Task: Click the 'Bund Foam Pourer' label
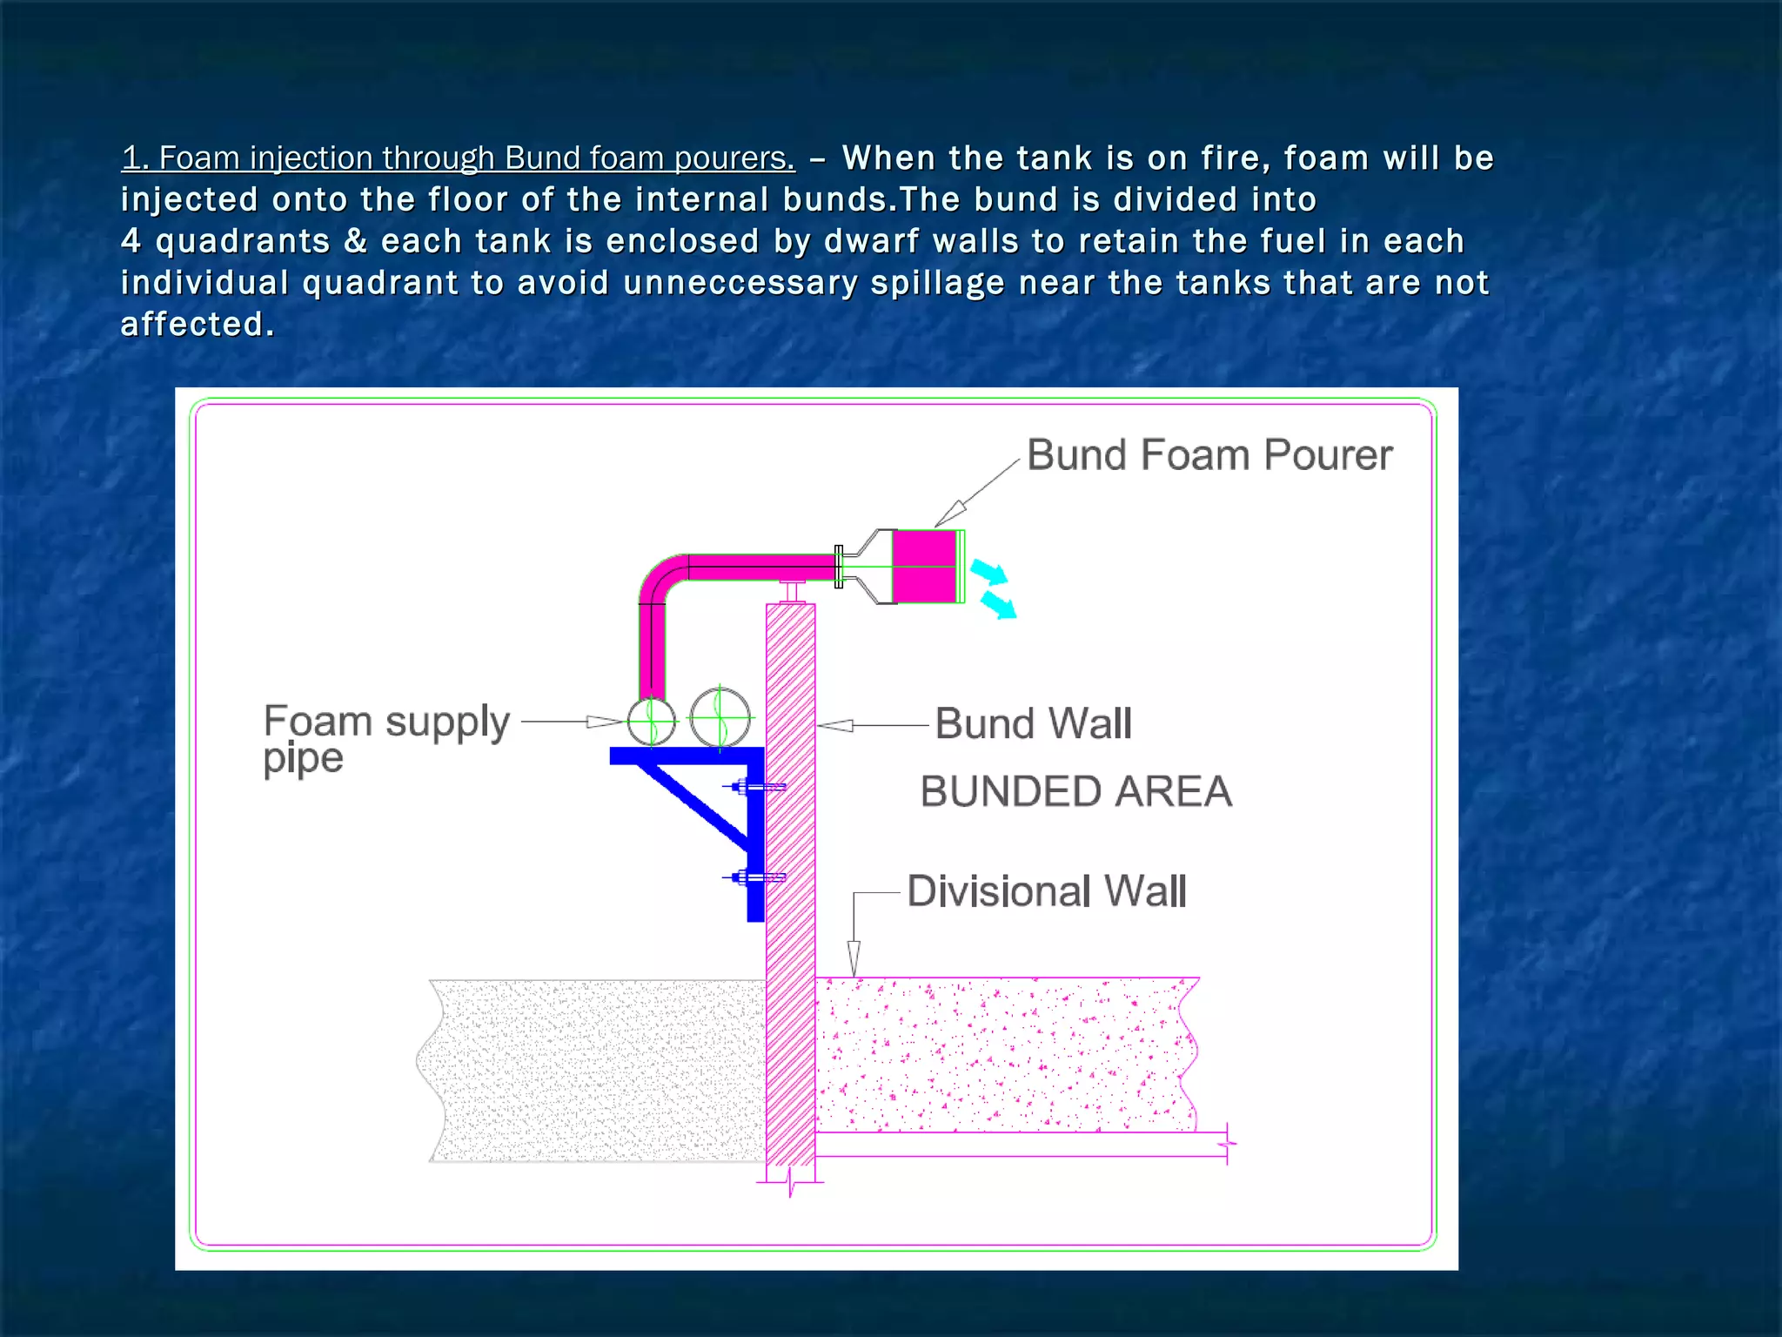[x=1209, y=455]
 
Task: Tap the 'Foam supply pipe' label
[x=385, y=737]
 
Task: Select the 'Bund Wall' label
[x=1033, y=723]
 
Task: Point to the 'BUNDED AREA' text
[x=1075, y=792]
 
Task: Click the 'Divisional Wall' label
[x=1046, y=891]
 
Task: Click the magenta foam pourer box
[x=924, y=566]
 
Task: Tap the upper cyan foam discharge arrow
[x=989, y=572]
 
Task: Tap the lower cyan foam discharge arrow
[x=999, y=604]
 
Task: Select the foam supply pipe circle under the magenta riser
[x=651, y=721]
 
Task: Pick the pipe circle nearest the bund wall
[x=720, y=718]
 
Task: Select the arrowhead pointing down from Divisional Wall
[x=854, y=957]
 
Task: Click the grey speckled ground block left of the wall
[x=596, y=1071]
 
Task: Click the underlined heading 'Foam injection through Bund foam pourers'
[x=459, y=158]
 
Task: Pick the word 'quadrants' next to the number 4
[x=243, y=241]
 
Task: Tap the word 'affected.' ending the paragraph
[x=198, y=325]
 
